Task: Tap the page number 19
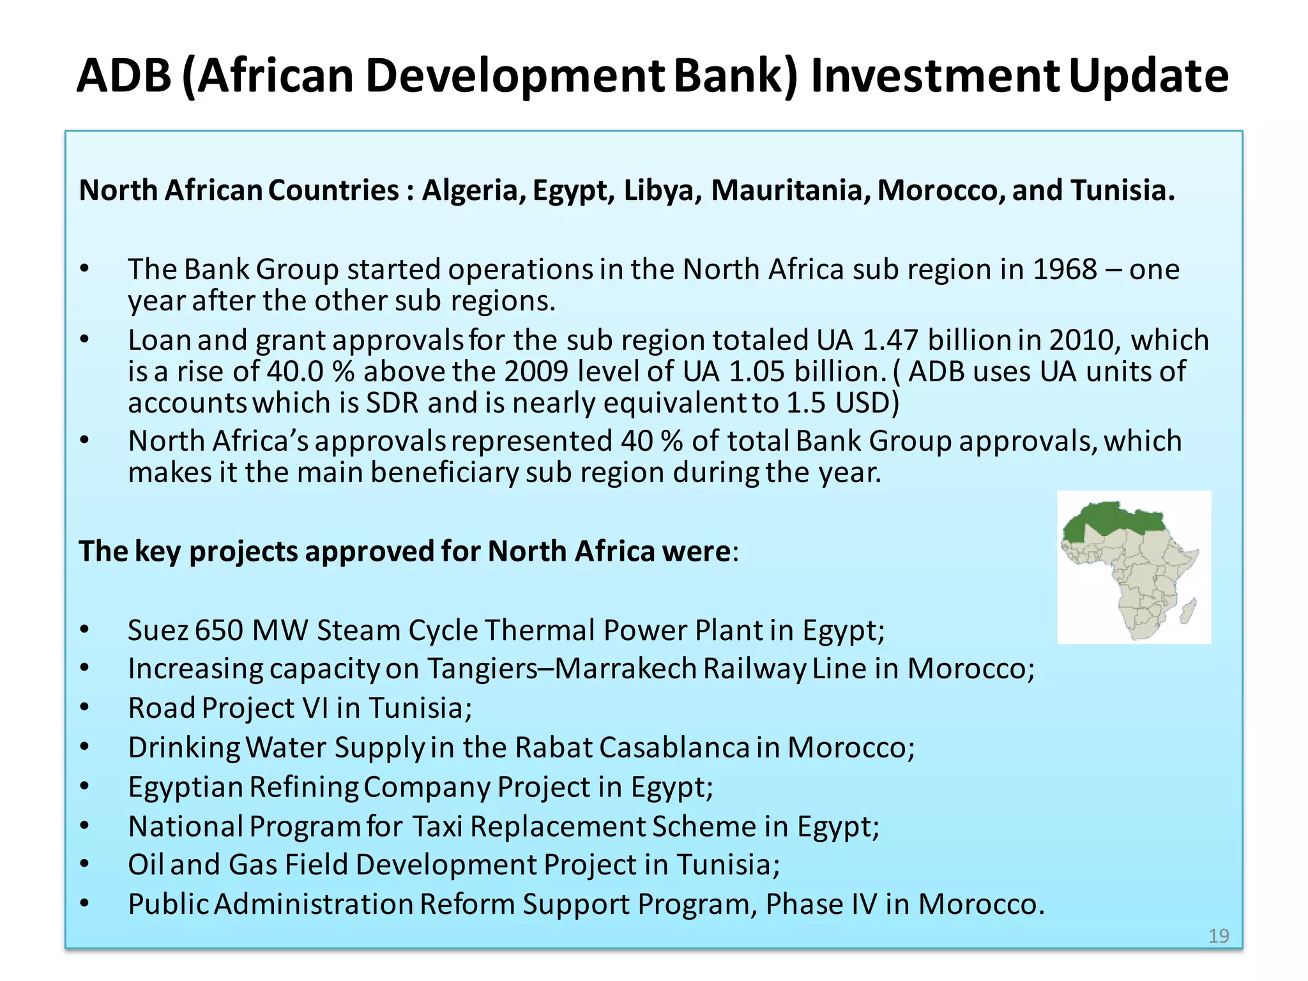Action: coord(1219,936)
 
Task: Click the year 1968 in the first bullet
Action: coord(1065,270)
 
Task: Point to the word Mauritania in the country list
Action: coord(791,190)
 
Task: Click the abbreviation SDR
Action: coord(392,403)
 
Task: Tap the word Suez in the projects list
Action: coord(158,630)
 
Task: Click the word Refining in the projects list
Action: coord(304,787)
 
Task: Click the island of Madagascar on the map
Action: coord(1188,611)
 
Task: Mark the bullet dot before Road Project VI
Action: coord(85,708)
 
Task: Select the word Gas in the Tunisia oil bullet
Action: coord(252,865)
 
